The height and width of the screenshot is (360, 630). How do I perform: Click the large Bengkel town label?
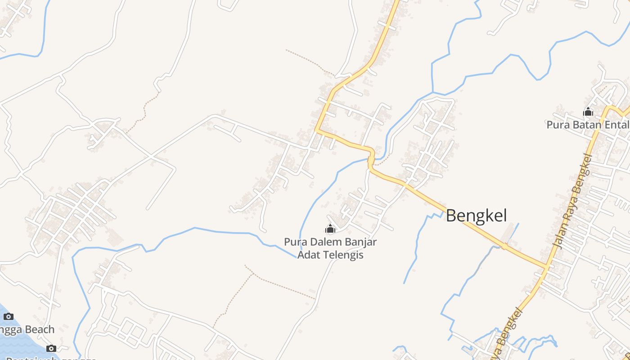pyautogui.click(x=476, y=216)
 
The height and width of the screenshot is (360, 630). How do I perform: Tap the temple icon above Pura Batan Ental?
pyautogui.click(x=588, y=112)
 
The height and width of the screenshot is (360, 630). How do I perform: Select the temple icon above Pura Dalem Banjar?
pyautogui.click(x=330, y=229)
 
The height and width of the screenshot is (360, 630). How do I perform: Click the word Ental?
pyautogui.click(x=617, y=125)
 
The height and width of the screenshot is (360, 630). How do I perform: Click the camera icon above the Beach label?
pyautogui.click(x=8, y=316)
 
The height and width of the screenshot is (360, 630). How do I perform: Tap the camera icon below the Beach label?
pyautogui.click(x=51, y=348)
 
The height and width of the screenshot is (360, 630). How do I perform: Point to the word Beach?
pyautogui.click(x=39, y=329)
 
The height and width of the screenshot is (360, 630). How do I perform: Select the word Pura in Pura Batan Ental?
pyautogui.click(x=556, y=125)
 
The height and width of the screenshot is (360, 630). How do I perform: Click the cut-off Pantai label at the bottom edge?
pyautogui.click(x=22, y=358)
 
